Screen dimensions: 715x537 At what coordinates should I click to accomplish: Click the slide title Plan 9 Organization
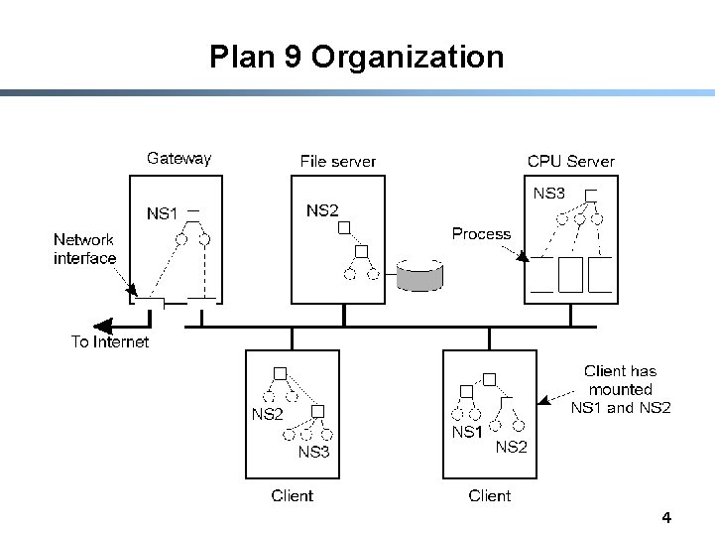(357, 57)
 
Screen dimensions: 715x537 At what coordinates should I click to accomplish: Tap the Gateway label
(179, 159)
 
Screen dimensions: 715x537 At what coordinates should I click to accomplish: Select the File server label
(337, 162)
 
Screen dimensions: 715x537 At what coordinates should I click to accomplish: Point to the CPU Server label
(571, 161)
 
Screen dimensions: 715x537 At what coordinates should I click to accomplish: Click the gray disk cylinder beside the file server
(419, 275)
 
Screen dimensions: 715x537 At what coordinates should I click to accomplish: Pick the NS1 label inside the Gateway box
(162, 213)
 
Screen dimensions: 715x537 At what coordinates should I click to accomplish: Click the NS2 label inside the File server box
(322, 210)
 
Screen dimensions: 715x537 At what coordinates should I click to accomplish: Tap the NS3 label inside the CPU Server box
(549, 194)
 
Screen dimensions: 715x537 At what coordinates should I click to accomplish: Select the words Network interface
(85, 249)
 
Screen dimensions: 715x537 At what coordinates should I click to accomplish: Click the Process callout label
(481, 234)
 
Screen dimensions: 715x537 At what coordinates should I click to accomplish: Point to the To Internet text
(110, 341)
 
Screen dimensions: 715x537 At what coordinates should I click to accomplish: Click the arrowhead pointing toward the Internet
(103, 326)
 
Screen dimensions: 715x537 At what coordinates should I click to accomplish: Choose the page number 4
(666, 518)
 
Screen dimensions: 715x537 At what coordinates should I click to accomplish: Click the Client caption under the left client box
(292, 495)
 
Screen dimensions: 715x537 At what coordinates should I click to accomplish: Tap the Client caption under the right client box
(489, 495)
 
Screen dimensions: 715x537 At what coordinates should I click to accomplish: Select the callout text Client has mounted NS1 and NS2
(621, 389)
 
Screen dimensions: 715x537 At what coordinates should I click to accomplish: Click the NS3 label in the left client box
(313, 452)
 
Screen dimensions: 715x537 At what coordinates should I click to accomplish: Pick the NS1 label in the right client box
(467, 432)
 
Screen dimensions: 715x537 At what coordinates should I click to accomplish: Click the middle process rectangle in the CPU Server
(570, 275)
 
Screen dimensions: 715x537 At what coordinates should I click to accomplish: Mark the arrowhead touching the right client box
(543, 400)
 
